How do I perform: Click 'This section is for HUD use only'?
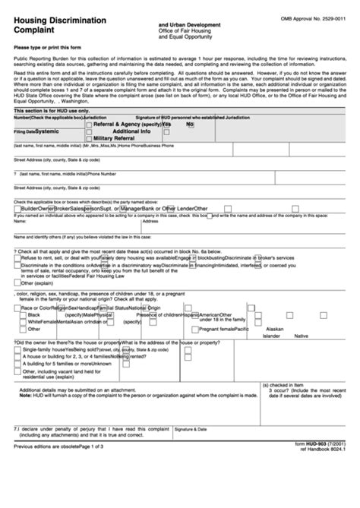[x=52, y=111]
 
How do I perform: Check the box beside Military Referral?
[x=89, y=137]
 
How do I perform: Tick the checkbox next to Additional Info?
[x=89, y=131]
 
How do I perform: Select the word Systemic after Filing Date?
[x=51, y=131]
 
